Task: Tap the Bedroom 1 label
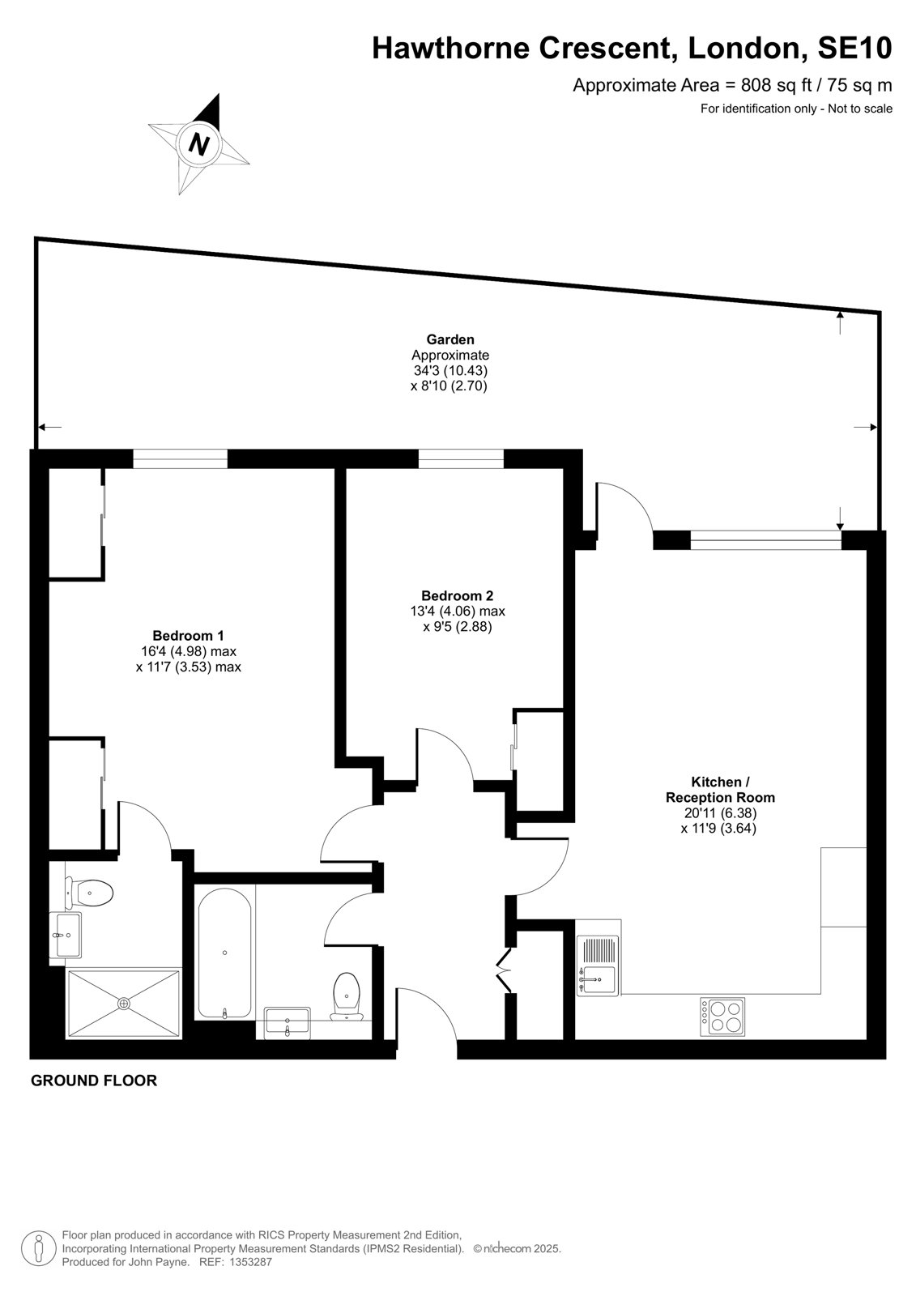click(x=188, y=635)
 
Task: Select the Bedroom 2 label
click(x=457, y=595)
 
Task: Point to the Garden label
click(x=450, y=339)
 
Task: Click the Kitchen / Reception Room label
click(x=720, y=790)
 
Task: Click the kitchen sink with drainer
click(x=598, y=966)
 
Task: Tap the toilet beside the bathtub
click(x=346, y=996)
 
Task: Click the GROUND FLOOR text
click(x=94, y=1081)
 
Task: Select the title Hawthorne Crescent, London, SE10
click(x=632, y=49)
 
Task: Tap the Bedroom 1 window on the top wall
click(x=180, y=458)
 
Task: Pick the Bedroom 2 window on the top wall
click(x=461, y=458)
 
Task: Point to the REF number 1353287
click(x=236, y=1262)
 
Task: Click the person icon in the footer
click(x=39, y=1248)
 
